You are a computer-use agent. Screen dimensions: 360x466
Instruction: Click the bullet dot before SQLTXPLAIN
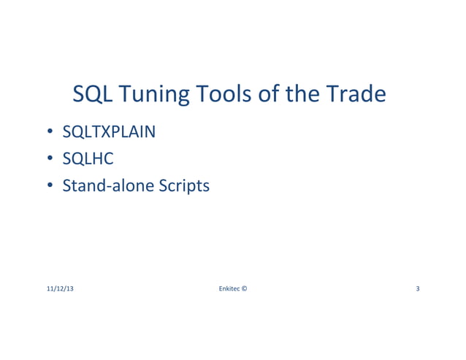51,134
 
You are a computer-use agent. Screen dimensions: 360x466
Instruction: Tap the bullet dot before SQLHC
51,160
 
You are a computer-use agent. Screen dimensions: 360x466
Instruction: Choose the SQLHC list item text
88,160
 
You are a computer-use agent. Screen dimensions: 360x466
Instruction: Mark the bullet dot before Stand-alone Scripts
51,186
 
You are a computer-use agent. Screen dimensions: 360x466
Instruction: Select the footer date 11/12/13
60,289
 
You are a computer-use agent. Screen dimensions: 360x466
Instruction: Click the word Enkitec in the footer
229,289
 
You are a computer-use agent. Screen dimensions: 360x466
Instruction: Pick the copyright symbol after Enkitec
244,289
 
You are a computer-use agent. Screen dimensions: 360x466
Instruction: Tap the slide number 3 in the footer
417,289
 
